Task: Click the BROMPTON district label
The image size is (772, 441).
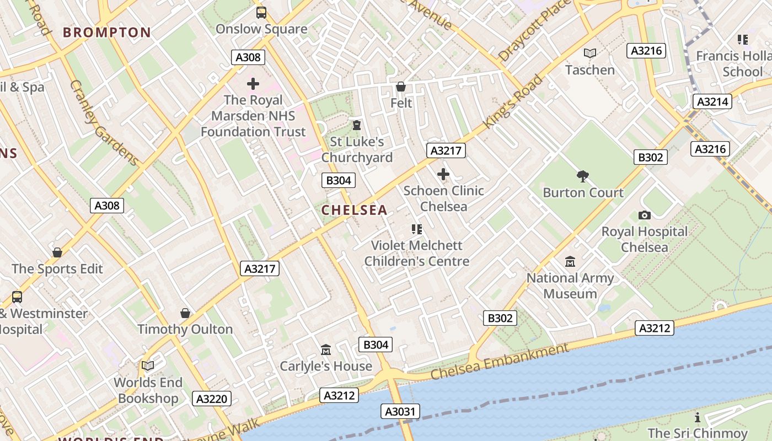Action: [106, 32]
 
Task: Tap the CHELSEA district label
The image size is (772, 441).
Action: [355, 210]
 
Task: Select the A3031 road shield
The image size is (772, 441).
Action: [400, 411]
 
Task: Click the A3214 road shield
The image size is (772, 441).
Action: [713, 101]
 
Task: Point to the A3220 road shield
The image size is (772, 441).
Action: [212, 399]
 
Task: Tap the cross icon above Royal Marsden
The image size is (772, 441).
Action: [253, 84]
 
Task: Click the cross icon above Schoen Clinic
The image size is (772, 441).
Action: [443, 175]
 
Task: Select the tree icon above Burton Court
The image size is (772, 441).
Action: [583, 176]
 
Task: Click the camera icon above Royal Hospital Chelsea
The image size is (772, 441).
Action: [644, 215]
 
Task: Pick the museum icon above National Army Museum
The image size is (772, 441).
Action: [570, 261]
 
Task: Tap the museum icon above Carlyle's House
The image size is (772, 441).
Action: [326, 350]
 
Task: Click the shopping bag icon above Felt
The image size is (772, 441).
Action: [401, 87]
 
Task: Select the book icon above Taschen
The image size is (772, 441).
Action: [590, 53]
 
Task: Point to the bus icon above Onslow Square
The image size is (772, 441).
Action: [261, 12]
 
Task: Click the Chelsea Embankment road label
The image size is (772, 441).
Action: [500, 361]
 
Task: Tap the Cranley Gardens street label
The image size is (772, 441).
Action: [104, 123]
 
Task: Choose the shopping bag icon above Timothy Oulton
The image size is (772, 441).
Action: [185, 313]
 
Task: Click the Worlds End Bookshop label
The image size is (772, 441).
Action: [148, 390]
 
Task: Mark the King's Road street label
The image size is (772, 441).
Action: [513, 102]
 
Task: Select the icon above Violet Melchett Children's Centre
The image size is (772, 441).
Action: [417, 229]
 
